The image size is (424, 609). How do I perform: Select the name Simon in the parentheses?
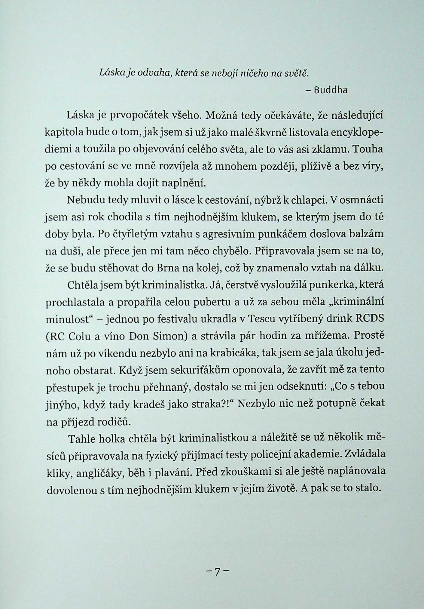click(x=168, y=336)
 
